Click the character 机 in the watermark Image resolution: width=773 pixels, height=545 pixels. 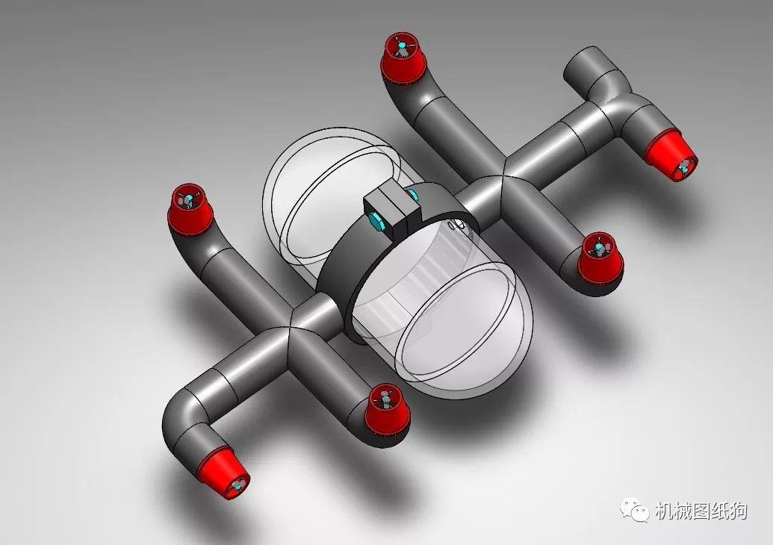click(x=664, y=511)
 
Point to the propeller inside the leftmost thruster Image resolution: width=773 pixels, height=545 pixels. click(x=186, y=199)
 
